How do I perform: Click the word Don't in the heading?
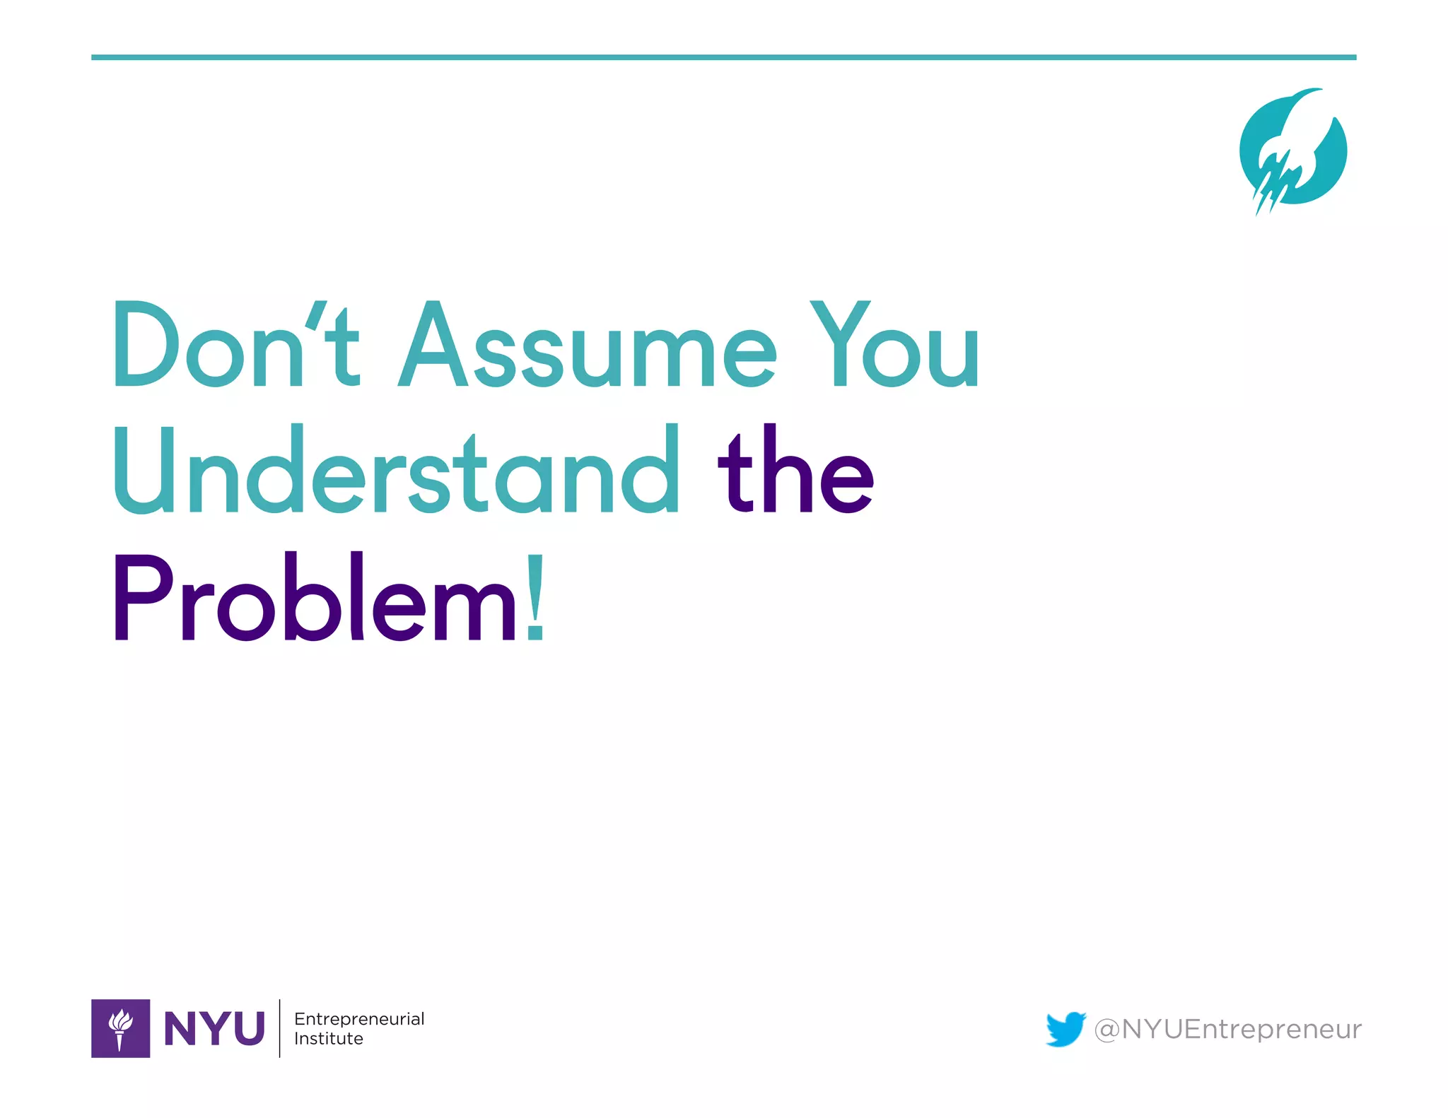(x=237, y=345)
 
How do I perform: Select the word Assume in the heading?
(x=587, y=346)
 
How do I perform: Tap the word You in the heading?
(x=894, y=345)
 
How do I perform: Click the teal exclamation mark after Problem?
(x=535, y=597)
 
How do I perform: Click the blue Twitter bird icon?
(x=1065, y=1028)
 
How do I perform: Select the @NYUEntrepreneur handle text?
(x=1227, y=1029)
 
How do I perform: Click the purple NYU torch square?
(x=120, y=1028)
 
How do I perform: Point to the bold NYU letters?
(x=214, y=1028)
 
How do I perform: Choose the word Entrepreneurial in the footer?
(x=359, y=1018)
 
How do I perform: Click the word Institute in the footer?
(x=329, y=1038)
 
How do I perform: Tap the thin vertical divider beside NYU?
(x=280, y=1028)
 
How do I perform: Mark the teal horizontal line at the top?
(x=723, y=57)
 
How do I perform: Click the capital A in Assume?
(x=433, y=345)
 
